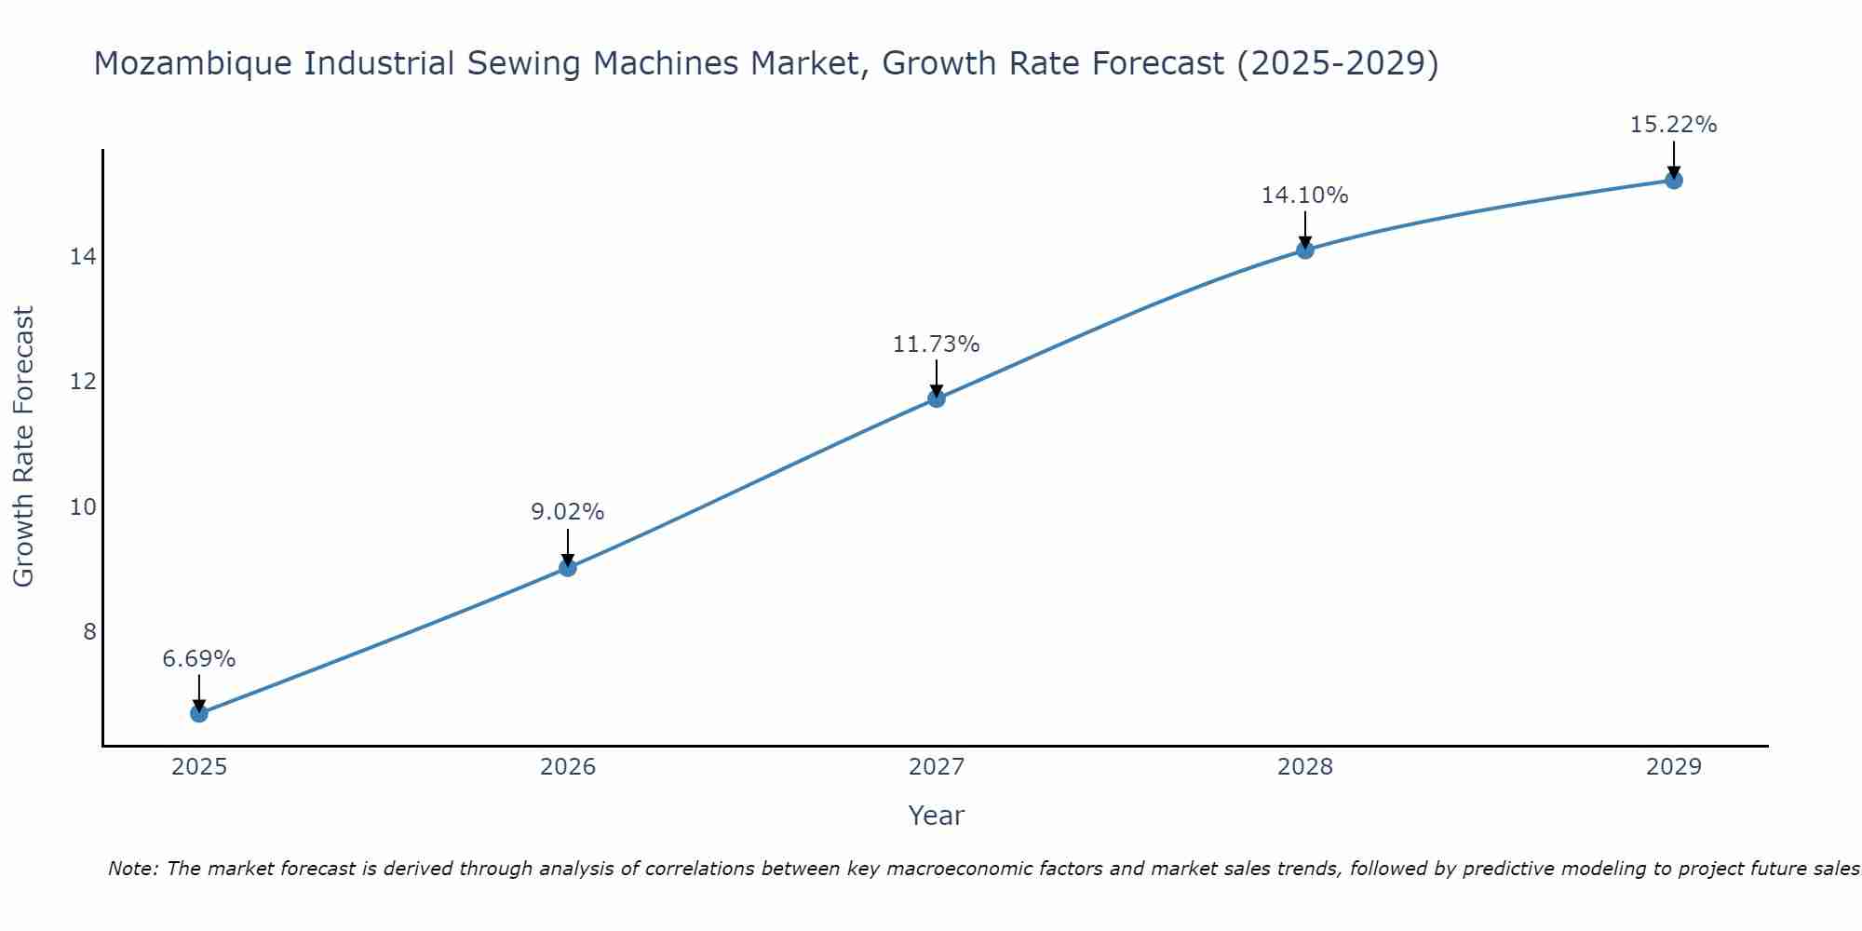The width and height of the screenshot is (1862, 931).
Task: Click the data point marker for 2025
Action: coord(199,713)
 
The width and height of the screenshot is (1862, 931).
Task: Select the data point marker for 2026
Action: coord(568,567)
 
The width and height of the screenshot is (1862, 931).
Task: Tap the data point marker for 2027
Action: coord(937,398)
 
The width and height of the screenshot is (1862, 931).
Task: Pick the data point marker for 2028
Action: coord(1305,250)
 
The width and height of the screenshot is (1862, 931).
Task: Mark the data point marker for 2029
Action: coord(1673,180)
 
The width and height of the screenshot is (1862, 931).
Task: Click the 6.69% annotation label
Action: coord(199,659)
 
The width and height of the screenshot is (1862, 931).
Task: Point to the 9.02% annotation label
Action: coord(568,512)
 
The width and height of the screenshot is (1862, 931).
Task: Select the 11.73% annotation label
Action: coord(937,344)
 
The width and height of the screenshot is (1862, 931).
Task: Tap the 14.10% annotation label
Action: coord(1305,196)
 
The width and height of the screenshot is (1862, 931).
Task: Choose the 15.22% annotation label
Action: coord(1673,125)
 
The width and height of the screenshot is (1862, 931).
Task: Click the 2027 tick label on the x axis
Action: coord(937,767)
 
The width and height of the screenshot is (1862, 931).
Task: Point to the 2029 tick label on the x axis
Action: coord(1673,767)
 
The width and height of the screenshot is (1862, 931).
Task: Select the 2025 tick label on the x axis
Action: coord(199,767)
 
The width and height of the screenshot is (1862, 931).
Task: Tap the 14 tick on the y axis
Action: coord(83,257)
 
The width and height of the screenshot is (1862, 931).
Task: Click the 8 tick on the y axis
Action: coord(89,632)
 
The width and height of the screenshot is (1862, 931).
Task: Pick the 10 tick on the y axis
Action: coord(83,507)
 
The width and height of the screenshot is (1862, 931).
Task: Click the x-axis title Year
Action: coord(937,816)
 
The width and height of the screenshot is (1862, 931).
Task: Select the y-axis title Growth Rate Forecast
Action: coord(24,447)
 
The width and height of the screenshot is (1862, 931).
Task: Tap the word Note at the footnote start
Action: coord(131,870)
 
